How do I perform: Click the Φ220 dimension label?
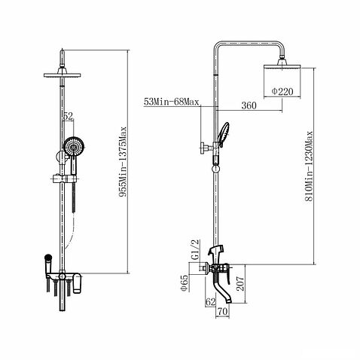click(x=282, y=91)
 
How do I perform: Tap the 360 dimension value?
click(x=249, y=105)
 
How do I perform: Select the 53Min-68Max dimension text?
click(x=172, y=102)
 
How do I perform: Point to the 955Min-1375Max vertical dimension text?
click(x=123, y=162)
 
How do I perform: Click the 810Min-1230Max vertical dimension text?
click(x=309, y=166)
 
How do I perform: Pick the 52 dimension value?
click(x=68, y=116)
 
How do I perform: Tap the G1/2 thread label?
click(x=195, y=249)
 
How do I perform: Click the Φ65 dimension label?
click(x=184, y=282)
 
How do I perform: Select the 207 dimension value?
click(x=240, y=284)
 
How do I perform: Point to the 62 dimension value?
click(x=210, y=302)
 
